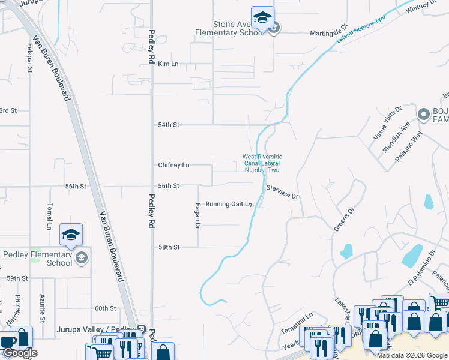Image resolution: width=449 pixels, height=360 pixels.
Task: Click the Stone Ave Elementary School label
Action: [x=230, y=29]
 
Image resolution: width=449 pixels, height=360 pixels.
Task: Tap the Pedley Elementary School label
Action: [x=38, y=259]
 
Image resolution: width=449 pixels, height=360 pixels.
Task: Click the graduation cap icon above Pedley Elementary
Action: [x=71, y=235]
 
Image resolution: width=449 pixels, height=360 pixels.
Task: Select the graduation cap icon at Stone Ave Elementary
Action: [x=262, y=18]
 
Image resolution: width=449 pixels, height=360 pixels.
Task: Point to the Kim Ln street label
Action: [x=168, y=64]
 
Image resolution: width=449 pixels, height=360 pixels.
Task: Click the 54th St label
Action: [x=169, y=125]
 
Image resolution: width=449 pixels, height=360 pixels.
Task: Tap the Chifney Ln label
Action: [x=173, y=165]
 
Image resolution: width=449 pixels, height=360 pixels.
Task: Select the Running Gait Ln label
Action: [x=229, y=204]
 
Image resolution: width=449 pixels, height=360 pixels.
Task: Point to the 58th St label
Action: [x=169, y=247]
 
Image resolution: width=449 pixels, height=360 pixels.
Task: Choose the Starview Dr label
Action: [x=282, y=192]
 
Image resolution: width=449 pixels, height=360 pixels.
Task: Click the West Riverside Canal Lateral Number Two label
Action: [x=262, y=163]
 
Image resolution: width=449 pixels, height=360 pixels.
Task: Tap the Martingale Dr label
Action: [x=329, y=33]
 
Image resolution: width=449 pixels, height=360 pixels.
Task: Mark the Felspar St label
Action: [x=29, y=58]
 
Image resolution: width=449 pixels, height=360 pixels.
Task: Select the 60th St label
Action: [x=105, y=308]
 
